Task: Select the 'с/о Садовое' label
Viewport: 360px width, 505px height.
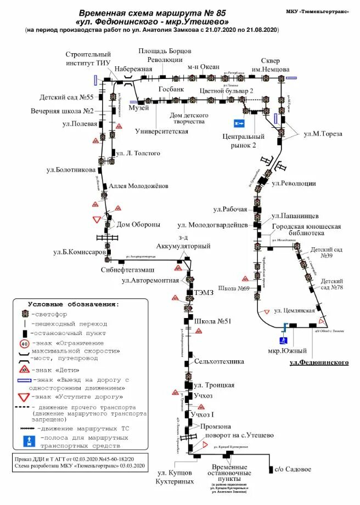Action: pyautogui.click(x=292, y=469)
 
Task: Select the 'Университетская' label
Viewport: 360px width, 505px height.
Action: pyautogui.click(x=161, y=131)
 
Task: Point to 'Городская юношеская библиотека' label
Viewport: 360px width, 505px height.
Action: pyautogui.click(x=306, y=230)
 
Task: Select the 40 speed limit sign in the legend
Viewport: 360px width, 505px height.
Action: pyautogui.click(x=25, y=344)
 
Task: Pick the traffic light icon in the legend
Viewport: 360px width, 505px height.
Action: pyautogui.click(x=25, y=314)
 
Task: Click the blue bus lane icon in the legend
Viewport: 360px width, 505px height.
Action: pyautogui.click(x=25, y=441)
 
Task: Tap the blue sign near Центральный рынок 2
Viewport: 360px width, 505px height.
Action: pyautogui.click(x=239, y=123)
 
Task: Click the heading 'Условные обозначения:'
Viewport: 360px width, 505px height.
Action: pyautogui.click(x=73, y=304)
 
